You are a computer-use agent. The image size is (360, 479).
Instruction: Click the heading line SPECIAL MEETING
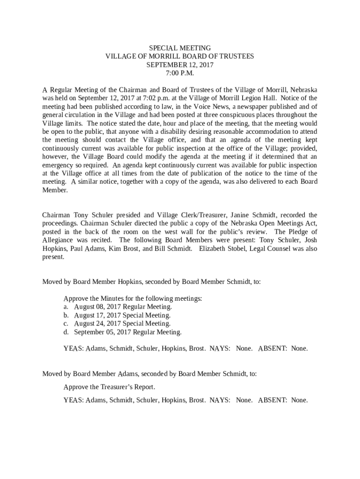(180, 48)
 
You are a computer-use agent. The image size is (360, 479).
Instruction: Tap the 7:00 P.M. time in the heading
(180, 73)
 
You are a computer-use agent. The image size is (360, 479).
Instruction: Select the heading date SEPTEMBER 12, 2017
(180, 65)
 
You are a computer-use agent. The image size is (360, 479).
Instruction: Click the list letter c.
(65, 324)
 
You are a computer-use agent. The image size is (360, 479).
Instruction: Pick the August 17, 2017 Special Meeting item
(122, 315)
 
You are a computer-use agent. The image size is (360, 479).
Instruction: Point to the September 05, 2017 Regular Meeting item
(128, 332)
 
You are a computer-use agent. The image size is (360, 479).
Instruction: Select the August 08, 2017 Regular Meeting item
(123, 307)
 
